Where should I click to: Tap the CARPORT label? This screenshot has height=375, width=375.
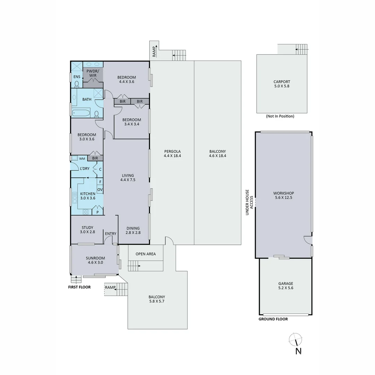pos(281,84)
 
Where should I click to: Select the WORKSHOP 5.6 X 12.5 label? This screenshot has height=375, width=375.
pos(283,195)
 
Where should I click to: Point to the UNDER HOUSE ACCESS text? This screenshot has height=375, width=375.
pos(248,202)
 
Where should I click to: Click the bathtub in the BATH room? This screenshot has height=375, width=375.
pos(81,112)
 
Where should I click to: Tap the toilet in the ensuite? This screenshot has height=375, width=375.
pos(76,84)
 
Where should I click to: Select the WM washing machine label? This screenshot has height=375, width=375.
pos(82,159)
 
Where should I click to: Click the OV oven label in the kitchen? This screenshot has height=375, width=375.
pos(100,190)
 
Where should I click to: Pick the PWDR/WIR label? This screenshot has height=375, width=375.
pos(93,73)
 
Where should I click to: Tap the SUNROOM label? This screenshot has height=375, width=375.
pos(95,260)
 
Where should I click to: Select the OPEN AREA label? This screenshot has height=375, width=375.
pos(145,254)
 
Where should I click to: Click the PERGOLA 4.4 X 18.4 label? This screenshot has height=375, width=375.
pos(173,154)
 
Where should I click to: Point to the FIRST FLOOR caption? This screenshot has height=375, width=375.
pos(79,287)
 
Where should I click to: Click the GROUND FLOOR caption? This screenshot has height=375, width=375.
pos(273,319)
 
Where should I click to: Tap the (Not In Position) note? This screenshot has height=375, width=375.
pos(280,116)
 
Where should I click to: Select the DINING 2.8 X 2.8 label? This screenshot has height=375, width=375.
pos(133,231)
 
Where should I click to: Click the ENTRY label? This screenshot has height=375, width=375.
pos(110,234)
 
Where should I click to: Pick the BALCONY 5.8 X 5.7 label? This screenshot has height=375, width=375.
pos(157,299)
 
